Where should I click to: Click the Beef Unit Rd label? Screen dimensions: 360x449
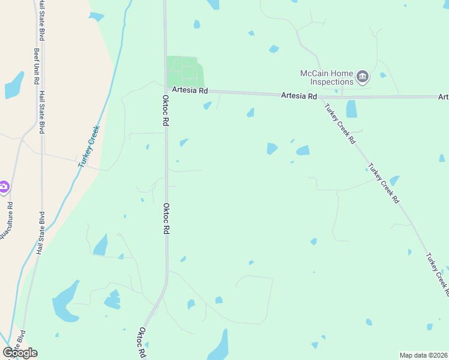37,66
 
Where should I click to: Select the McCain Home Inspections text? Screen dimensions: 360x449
327,77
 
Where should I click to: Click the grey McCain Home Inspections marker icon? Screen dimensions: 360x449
363,76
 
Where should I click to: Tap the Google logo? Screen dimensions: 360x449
20,353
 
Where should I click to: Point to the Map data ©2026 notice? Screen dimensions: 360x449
423,355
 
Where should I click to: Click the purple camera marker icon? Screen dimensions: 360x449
4,188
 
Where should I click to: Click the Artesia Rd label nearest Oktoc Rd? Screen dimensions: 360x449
189,91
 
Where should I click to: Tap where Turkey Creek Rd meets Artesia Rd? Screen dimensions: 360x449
320,96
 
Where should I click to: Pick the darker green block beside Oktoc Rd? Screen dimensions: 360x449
184,72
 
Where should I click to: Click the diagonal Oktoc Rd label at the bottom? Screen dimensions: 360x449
143,342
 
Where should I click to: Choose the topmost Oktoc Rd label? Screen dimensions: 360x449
165,110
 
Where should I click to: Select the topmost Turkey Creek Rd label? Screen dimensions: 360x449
340,125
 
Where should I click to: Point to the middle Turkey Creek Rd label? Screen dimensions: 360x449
384,184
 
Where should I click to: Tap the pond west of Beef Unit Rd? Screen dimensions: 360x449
14,86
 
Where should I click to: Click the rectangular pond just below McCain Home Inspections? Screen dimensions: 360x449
351,109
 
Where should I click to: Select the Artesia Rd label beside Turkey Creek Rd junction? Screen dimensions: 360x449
299,96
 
